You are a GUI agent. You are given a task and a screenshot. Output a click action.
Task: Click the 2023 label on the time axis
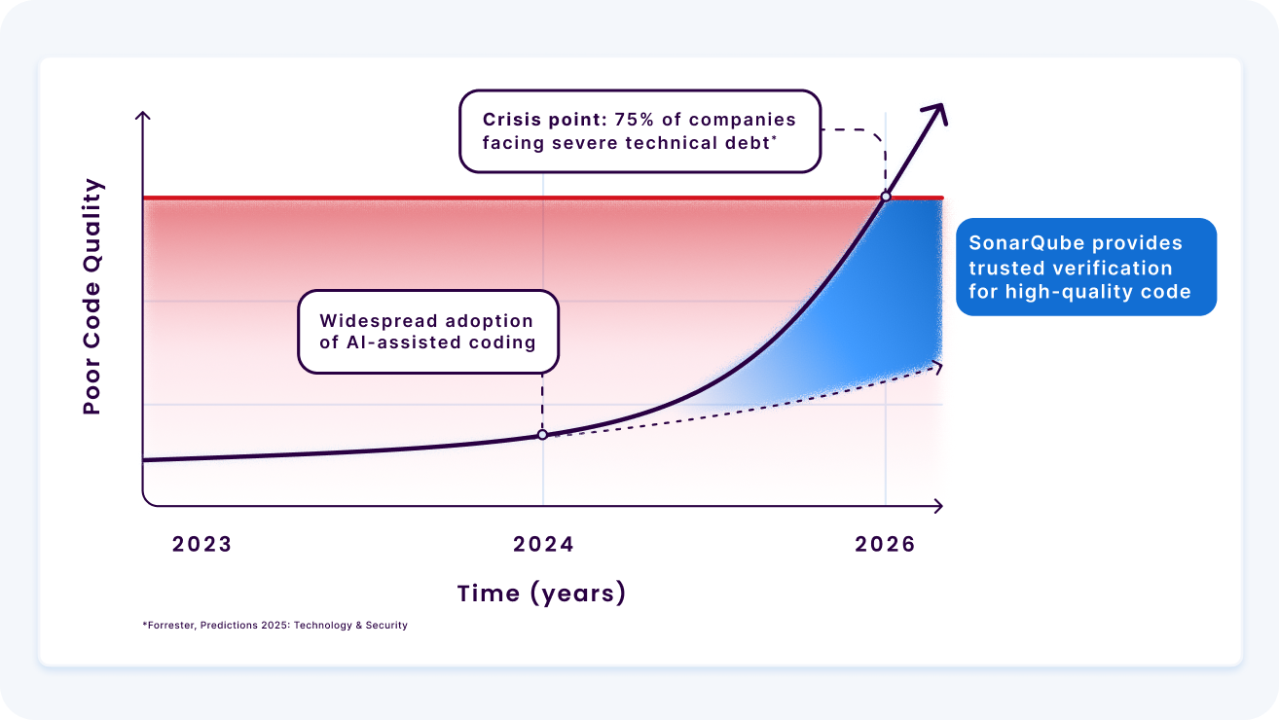click(202, 544)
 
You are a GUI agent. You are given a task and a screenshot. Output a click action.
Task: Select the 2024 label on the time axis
click(543, 544)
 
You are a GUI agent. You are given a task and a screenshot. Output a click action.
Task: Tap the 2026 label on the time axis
click(885, 544)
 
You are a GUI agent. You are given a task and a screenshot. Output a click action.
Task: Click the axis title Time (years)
click(541, 593)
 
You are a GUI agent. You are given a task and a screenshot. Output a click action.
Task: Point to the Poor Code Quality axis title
click(92, 297)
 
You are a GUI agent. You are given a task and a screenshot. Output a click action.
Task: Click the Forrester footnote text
click(274, 625)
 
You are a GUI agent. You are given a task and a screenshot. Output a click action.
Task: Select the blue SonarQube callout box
click(1085, 267)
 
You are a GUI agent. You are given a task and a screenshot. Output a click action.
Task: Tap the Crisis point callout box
click(639, 131)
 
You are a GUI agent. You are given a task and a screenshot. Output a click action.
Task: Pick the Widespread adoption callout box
click(428, 331)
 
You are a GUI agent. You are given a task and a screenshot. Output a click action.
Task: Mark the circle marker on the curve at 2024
click(542, 435)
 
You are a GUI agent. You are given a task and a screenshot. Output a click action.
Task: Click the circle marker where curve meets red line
click(885, 197)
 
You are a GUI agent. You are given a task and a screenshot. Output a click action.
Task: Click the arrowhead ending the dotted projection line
click(938, 365)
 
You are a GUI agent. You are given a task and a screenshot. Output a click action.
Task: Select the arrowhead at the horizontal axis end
click(938, 506)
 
